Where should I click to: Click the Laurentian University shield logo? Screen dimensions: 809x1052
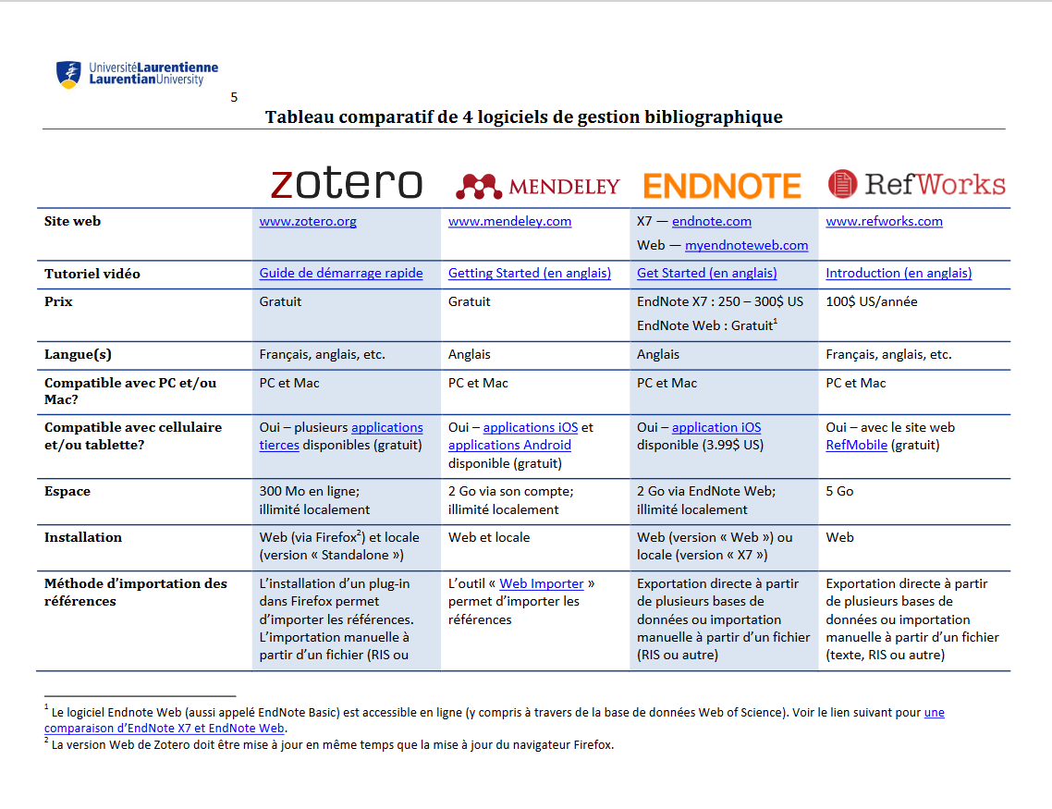pyautogui.click(x=68, y=74)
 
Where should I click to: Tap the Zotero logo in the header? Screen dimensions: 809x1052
pyautogui.click(x=346, y=183)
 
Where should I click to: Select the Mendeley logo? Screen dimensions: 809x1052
pyautogui.click(x=537, y=187)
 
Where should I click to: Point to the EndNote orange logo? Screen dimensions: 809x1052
pyautogui.click(x=722, y=186)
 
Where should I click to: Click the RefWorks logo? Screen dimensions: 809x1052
pyautogui.click(x=916, y=184)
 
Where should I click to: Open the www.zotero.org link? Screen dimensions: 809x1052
pyautogui.click(x=308, y=222)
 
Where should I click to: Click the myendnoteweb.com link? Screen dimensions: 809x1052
pyautogui.click(x=746, y=246)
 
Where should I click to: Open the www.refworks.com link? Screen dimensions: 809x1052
pyautogui.click(x=884, y=222)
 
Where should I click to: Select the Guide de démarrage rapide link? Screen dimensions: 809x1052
pyautogui.click(x=341, y=274)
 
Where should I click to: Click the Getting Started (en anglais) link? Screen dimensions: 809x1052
pyautogui.click(x=530, y=274)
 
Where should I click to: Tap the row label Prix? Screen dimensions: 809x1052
pyautogui.click(x=59, y=302)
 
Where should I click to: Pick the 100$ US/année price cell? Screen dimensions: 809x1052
pyautogui.click(x=871, y=302)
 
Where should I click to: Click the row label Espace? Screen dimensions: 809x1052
pyautogui.click(x=67, y=492)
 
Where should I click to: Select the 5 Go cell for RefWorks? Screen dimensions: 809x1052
pyautogui.click(x=839, y=492)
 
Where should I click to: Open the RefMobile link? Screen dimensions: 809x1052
pyautogui.click(x=856, y=446)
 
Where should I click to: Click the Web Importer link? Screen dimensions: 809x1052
pyautogui.click(x=542, y=584)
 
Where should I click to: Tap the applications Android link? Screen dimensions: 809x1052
pyautogui.click(x=509, y=446)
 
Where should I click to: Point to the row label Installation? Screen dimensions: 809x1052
pyautogui.click(x=83, y=538)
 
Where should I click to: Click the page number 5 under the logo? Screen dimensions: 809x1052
pyautogui.click(x=234, y=97)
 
